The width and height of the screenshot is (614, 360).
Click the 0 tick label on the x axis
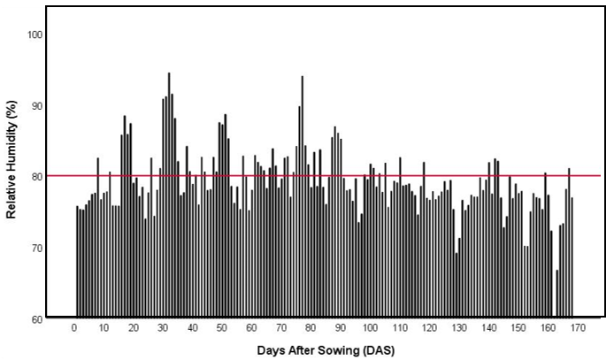click(74, 328)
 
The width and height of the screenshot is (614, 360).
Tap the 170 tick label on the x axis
click(578, 328)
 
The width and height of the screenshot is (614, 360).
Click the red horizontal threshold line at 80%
click(354, 175)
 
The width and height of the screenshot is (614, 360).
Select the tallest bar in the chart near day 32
click(169, 195)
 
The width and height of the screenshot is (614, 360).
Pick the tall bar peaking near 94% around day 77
click(302, 195)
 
